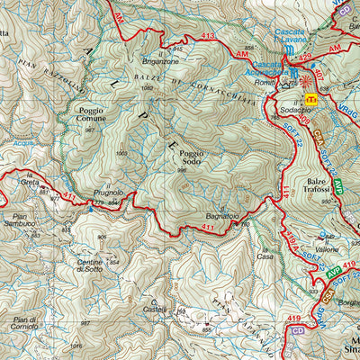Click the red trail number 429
tap(304, 57)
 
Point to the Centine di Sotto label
tap(89, 265)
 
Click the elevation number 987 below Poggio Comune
tap(90, 130)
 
